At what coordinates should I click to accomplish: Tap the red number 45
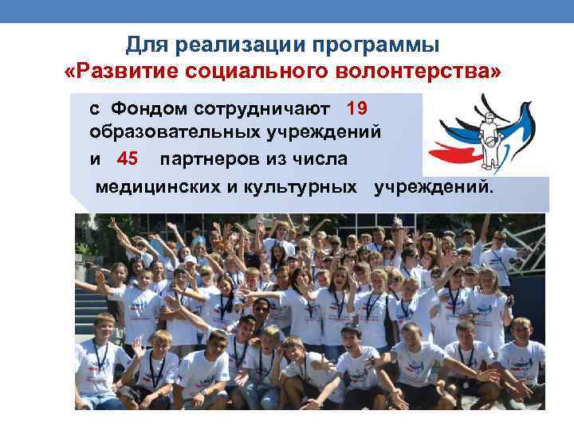[x=128, y=158]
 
